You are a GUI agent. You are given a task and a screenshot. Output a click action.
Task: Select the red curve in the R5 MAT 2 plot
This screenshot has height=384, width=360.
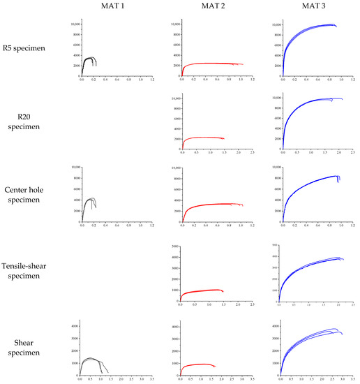[209, 64]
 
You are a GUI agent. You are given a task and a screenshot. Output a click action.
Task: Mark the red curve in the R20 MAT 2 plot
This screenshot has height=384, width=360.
[202, 138]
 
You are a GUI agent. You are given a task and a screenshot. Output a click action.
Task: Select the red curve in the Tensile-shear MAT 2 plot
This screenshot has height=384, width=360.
[202, 291]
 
